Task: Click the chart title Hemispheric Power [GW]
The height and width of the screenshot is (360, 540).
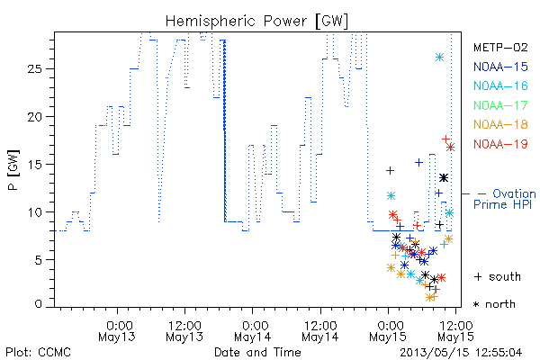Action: [x=256, y=22]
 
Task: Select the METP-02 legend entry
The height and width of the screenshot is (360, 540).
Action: [x=500, y=47]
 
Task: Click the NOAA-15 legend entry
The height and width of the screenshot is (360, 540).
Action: [x=500, y=67]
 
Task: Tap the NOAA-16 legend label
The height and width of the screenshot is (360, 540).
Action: [x=500, y=85]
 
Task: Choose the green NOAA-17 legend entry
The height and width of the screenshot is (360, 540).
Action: [x=500, y=104]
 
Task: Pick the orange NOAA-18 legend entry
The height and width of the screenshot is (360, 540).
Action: [x=500, y=124]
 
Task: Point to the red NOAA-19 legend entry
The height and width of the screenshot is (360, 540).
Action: [x=500, y=144]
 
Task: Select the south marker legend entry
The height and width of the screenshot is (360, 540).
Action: [x=498, y=276]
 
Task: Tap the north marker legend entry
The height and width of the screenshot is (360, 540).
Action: [x=494, y=304]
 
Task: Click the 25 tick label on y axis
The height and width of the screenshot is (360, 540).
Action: [x=34, y=69]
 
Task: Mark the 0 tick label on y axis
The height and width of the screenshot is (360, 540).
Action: [x=38, y=304]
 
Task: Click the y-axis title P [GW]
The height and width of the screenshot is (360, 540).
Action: [x=13, y=170]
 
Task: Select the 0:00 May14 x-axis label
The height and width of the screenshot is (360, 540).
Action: [x=253, y=331]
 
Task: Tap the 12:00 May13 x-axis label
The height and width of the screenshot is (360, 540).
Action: [x=184, y=331]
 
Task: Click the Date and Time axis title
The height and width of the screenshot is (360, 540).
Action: [x=257, y=352]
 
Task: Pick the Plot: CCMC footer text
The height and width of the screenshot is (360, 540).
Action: [x=39, y=352]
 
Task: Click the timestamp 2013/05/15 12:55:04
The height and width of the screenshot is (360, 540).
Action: [x=461, y=353]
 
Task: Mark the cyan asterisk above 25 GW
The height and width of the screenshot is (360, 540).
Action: [x=439, y=58]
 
